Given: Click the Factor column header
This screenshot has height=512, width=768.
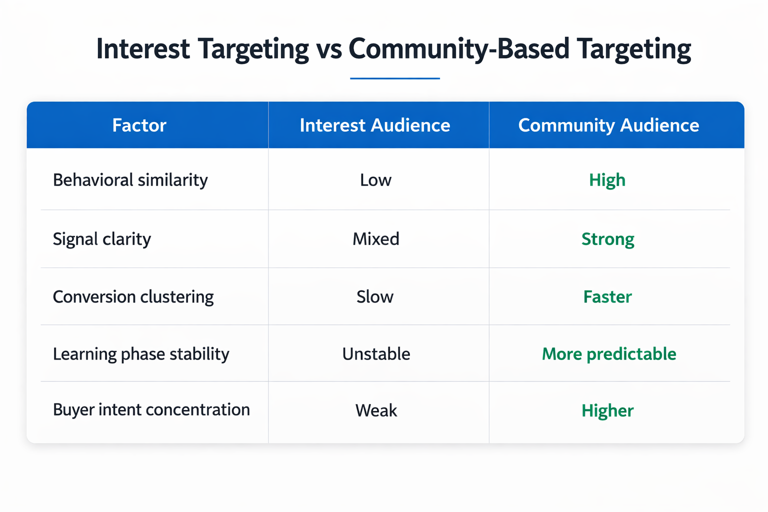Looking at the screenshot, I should (139, 125).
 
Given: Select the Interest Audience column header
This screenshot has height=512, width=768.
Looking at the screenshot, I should (374, 125).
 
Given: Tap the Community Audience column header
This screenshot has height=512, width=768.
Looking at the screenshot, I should (608, 125).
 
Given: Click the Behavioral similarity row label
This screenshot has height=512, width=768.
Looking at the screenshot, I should (130, 180).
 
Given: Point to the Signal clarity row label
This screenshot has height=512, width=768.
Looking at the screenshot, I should (101, 239).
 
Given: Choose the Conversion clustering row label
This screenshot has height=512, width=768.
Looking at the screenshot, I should (133, 297).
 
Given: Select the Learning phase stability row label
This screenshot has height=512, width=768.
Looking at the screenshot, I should (141, 354).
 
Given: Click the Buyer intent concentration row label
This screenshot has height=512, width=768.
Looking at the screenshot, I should (151, 410).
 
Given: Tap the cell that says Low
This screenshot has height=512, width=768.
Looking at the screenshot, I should (375, 180).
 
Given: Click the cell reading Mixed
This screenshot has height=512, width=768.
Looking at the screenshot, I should (375, 239).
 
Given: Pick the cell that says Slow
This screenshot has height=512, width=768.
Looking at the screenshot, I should (375, 297).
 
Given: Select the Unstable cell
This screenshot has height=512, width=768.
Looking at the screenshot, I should (376, 354).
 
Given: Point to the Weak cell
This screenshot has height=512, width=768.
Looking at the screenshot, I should (376, 410).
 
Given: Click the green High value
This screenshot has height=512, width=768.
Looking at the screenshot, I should (607, 180).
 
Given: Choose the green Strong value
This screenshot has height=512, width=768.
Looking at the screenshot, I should (607, 239).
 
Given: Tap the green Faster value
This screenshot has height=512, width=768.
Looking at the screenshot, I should (607, 297).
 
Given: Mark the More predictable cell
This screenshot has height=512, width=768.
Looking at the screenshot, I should (609, 354).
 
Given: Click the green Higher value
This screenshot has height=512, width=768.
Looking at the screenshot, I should (607, 410).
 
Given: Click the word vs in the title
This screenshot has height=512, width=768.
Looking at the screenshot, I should (328, 49).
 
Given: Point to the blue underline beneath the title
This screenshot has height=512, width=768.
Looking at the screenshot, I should (394, 78).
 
